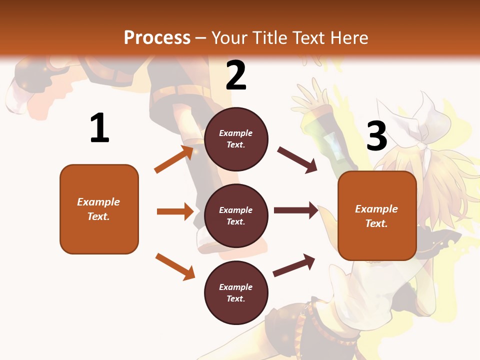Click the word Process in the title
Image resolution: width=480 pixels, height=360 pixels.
(157, 37)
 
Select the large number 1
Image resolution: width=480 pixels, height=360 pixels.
(99, 128)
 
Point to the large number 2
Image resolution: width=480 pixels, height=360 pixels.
(236, 76)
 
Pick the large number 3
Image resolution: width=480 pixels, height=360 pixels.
(377, 136)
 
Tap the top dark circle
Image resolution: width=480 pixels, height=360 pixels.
(236, 139)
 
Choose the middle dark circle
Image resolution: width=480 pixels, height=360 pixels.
(236, 215)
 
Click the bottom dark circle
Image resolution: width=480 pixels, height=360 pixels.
(236, 292)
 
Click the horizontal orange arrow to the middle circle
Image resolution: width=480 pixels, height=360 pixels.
(175, 211)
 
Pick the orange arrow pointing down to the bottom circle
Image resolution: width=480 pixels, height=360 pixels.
(175, 266)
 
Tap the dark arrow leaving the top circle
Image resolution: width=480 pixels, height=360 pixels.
(297, 160)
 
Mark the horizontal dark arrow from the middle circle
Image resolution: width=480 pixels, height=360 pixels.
(296, 210)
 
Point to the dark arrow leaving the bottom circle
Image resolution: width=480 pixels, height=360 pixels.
(294, 265)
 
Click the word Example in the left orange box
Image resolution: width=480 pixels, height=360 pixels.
(98, 202)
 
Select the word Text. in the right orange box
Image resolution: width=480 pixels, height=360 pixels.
(376, 223)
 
